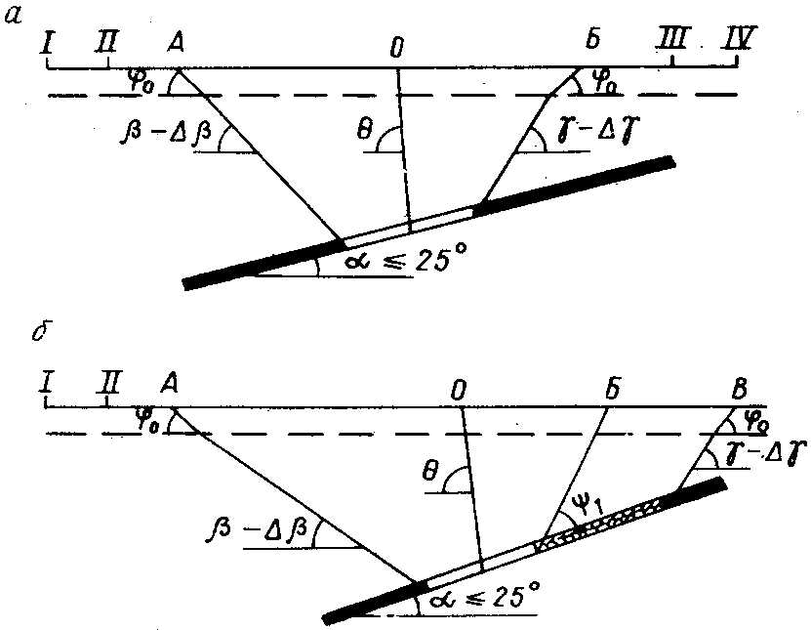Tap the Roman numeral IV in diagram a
738,38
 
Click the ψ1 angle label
588,505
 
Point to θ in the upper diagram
365,131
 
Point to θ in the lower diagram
429,472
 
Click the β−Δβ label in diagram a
166,133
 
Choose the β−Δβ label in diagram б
257,529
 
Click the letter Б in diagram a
592,39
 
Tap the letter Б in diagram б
612,389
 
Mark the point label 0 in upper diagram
396,48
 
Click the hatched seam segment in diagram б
600,523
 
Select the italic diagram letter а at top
14,16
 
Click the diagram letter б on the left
40,332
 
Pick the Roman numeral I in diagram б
47,384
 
